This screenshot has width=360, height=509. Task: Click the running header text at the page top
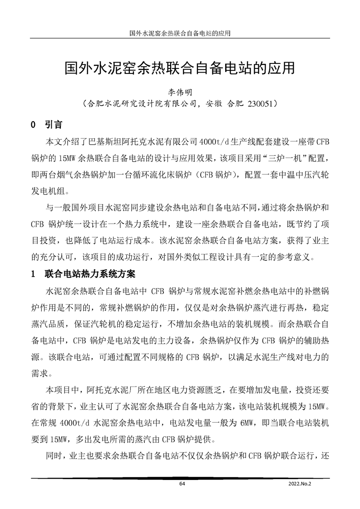(x=180, y=33)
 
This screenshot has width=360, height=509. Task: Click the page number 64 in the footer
(x=182, y=484)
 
